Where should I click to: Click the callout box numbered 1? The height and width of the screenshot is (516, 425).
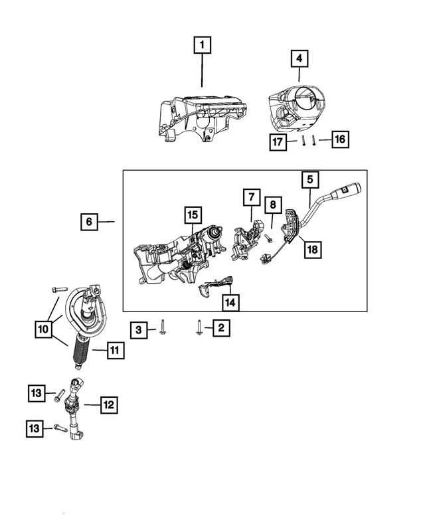click(x=203, y=45)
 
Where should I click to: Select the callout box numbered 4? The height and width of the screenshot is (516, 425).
click(x=299, y=58)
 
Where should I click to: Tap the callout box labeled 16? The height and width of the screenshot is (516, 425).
click(x=339, y=139)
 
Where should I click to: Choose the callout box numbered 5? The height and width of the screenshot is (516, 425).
click(x=310, y=179)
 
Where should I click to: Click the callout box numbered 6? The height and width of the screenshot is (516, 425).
click(x=89, y=221)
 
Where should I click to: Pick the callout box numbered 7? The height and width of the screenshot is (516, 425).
click(x=251, y=197)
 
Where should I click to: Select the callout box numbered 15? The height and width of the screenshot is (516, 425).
click(x=192, y=215)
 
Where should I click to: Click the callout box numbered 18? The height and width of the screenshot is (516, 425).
click(x=310, y=249)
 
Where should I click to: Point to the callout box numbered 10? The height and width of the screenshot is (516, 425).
click(x=43, y=327)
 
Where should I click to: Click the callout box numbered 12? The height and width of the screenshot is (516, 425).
click(x=108, y=403)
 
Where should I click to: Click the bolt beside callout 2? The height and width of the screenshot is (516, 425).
click(x=199, y=327)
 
